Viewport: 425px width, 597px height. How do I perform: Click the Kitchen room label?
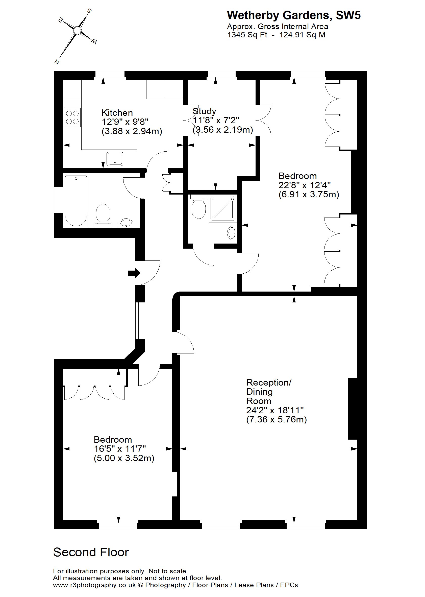(117, 113)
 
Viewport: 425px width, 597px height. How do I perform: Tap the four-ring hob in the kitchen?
(72, 117)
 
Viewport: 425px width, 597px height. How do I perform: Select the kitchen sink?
(115, 159)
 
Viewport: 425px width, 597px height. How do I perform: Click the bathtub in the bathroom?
(76, 200)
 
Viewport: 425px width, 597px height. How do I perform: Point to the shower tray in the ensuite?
(222, 209)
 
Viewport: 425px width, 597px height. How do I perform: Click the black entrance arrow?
(134, 273)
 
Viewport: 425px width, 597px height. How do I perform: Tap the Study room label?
(204, 111)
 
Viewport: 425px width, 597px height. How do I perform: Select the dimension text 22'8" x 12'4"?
(304, 185)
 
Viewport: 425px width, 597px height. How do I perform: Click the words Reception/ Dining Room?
(269, 391)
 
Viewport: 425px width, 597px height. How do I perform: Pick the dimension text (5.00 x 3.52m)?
(124, 458)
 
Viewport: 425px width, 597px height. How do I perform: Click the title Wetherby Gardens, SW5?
(294, 15)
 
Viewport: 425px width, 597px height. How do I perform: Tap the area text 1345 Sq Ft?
(247, 35)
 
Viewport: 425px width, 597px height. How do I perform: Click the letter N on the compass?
(57, 62)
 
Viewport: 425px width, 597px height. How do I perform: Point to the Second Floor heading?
(91, 553)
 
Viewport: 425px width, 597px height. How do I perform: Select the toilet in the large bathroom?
(103, 215)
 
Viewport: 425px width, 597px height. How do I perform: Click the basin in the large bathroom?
(127, 223)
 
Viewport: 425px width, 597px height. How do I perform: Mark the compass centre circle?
(77, 31)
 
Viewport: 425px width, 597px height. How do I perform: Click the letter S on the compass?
(89, 11)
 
